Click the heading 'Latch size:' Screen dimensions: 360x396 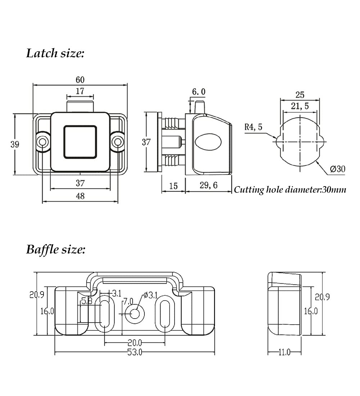tap(55, 53)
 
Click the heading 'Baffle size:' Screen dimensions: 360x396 tap(56, 249)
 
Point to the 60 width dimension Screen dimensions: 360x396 tap(80, 80)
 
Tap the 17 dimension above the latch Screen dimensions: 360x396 tap(80, 91)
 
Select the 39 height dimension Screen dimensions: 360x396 tap(15, 144)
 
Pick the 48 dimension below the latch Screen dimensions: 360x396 tap(80, 196)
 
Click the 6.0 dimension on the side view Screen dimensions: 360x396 tap(199, 92)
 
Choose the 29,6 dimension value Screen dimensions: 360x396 tap(208, 185)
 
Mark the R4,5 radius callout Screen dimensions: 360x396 tap(253, 127)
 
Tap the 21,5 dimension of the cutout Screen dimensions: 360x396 tap(300, 106)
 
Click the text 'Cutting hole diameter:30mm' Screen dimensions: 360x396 tap(290, 189)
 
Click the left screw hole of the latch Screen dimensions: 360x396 tap(43, 142)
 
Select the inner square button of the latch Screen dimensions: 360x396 tap(80, 142)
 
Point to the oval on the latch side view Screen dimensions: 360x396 tap(208, 142)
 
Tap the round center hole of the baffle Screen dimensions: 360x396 tap(135, 314)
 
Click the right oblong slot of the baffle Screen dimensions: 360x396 tap(165, 314)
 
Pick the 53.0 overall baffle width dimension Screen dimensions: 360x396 tap(135, 352)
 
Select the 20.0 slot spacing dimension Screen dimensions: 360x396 tap(135, 343)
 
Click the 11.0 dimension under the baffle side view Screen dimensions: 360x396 tap(284, 352)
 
